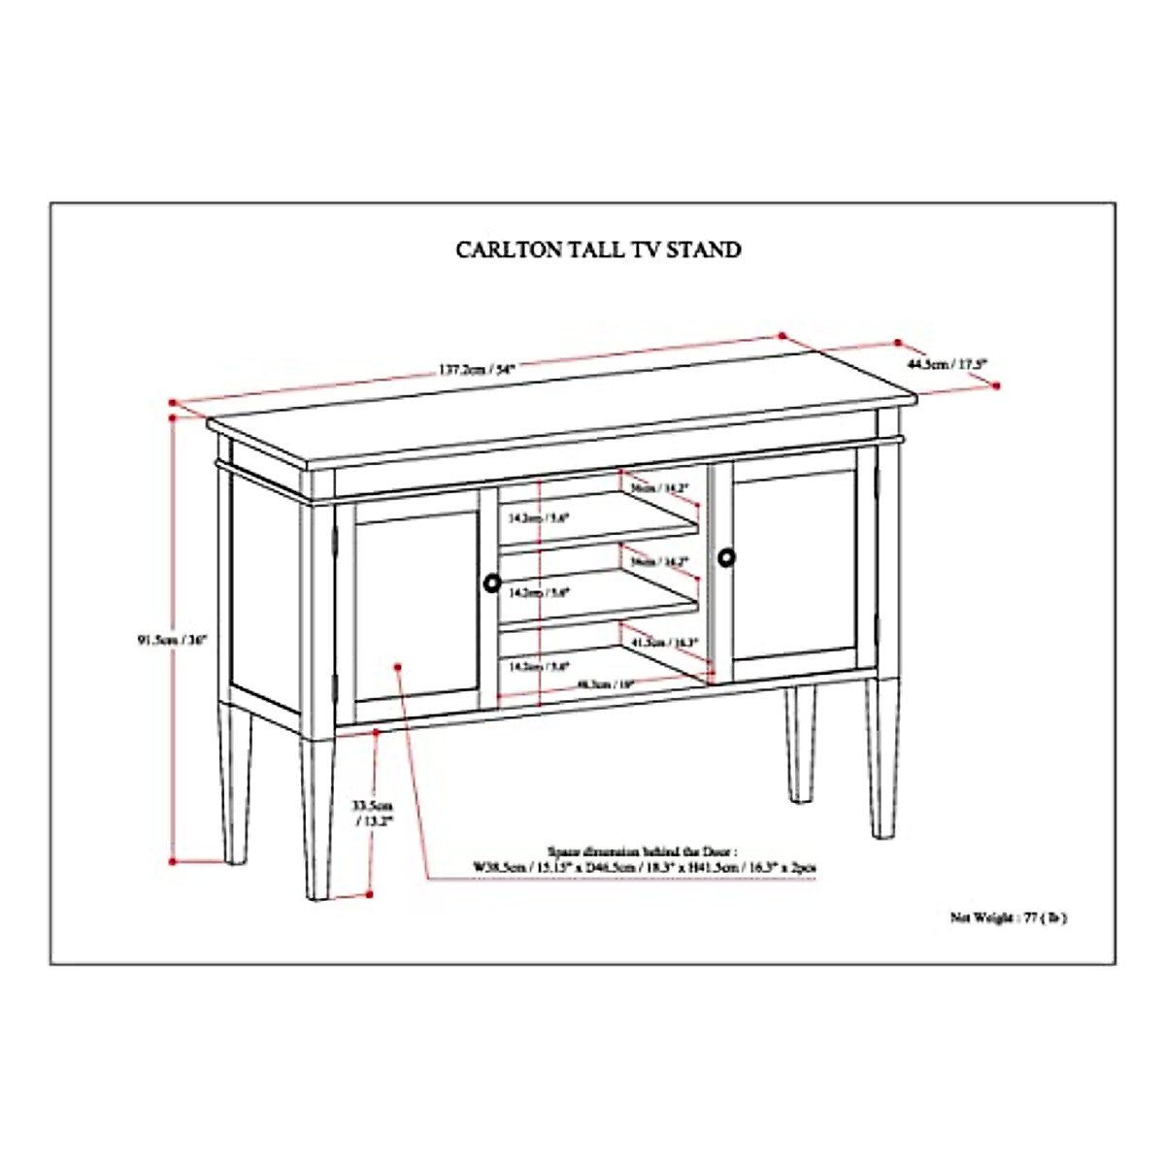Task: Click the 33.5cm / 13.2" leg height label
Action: [373, 813]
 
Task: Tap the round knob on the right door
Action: [727, 557]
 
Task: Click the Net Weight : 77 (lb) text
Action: [1008, 916]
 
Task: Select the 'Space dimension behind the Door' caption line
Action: [643, 848]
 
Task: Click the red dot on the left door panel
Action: [398, 666]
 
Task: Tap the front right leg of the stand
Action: [882, 757]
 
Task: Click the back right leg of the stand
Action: [799, 743]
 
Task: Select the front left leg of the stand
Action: [317, 815]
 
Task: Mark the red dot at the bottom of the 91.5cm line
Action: [173, 861]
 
